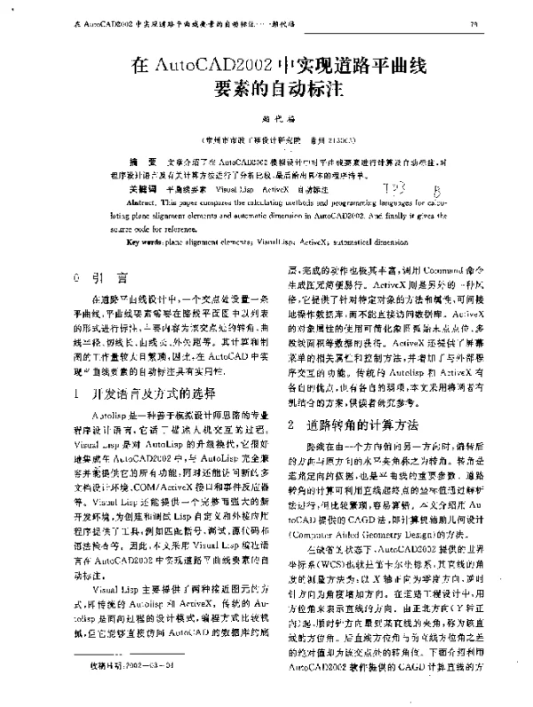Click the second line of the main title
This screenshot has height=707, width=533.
click(266, 89)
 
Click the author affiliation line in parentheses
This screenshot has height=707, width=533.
click(267, 139)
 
